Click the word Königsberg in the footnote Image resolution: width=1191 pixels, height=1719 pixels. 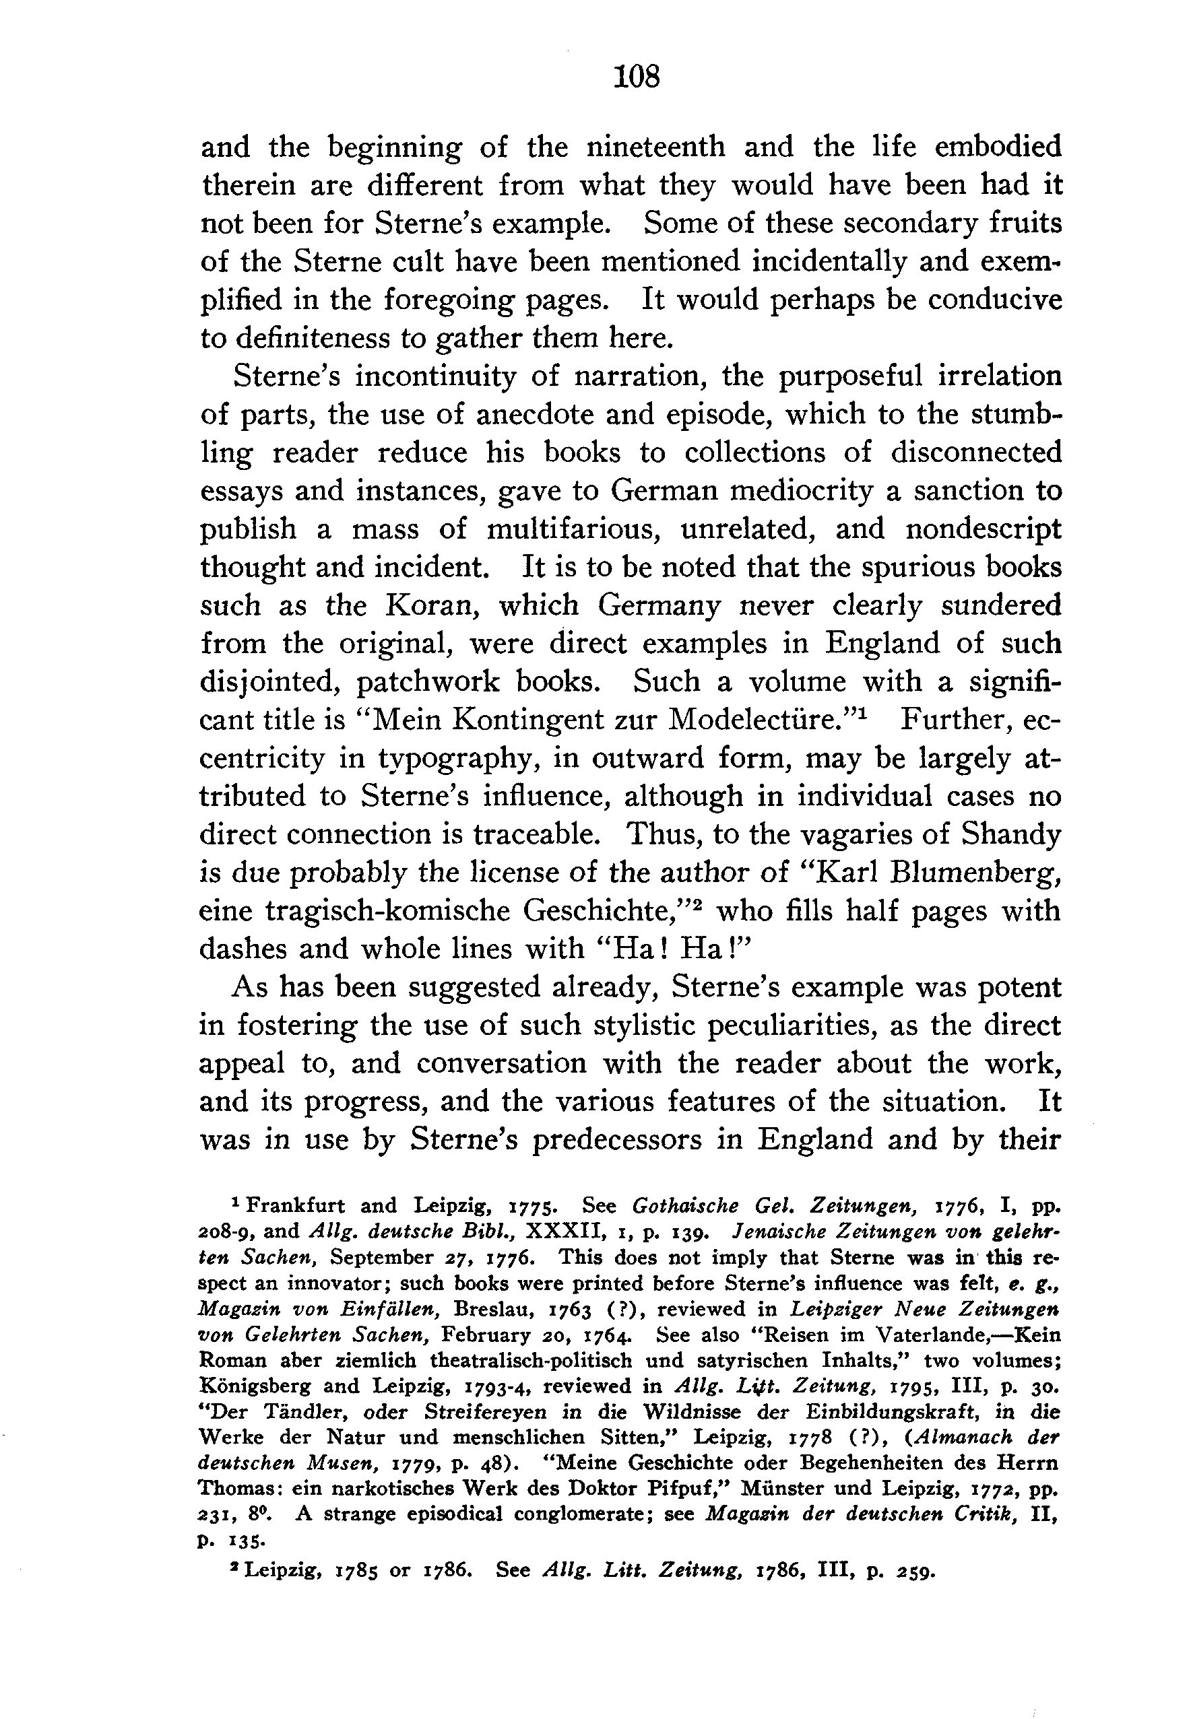254,1386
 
